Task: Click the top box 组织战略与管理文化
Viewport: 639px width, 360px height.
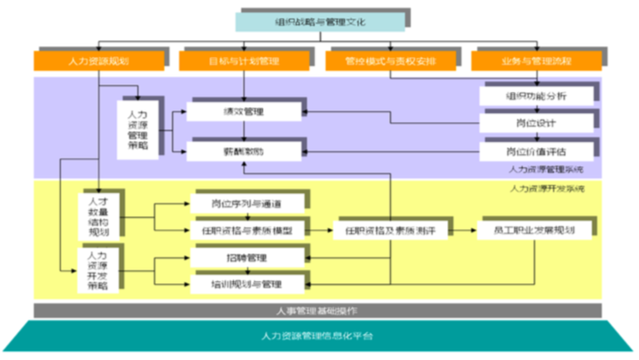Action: click(319, 21)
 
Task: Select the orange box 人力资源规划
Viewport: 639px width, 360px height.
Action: click(98, 61)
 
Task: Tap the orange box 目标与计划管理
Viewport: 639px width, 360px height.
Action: click(243, 61)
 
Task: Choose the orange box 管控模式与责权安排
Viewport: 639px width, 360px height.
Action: click(388, 61)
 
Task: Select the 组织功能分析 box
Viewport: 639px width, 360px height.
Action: click(535, 95)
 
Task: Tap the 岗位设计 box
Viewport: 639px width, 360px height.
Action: click(535, 123)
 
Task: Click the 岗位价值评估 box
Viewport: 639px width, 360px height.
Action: click(535, 151)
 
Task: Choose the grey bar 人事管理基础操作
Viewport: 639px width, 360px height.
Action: click(317, 310)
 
